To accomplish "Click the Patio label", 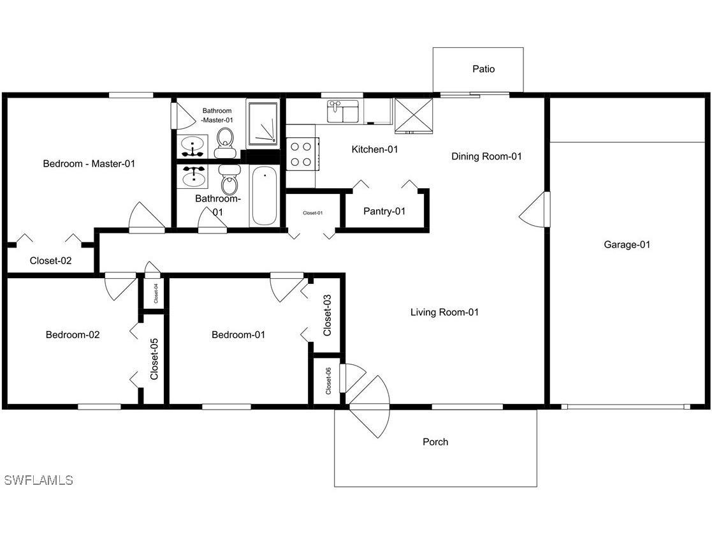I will (x=483, y=69).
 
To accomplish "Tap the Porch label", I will (x=435, y=441).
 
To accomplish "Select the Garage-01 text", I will (x=627, y=244).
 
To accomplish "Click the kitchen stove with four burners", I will (x=301, y=154).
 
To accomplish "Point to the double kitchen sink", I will (x=344, y=112).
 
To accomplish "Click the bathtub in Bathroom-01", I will (x=264, y=196).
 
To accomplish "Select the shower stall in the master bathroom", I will (x=263, y=124).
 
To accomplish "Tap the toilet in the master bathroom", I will (x=225, y=142).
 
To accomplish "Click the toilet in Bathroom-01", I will (x=229, y=181).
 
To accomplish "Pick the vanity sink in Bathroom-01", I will (x=192, y=176).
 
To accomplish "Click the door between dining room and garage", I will (x=535, y=209).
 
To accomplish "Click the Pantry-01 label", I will (x=384, y=211).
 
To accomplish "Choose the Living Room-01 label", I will (x=444, y=312).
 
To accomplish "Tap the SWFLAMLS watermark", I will (x=38, y=480).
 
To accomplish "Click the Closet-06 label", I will (x=328, y=381).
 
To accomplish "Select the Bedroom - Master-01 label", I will (x=89, y=163).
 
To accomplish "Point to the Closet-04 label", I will (x=156, y=293).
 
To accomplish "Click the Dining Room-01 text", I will (x=486, y=156).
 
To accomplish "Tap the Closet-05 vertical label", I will (x=154, y=359).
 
